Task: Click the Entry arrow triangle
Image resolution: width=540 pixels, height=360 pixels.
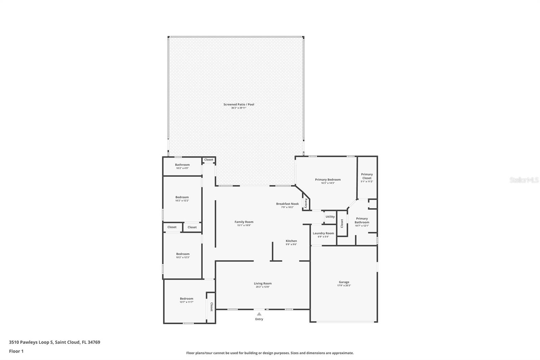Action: coord(259,314)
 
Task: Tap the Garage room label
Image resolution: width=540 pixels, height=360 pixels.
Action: coord(344,282)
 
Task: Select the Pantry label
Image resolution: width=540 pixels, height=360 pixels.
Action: coord(306,203)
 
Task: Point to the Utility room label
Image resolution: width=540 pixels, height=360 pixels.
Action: coord(330,217)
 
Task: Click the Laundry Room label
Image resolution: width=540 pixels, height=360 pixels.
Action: coord(323,233)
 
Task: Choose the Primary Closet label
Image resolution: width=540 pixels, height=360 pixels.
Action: coord(367,176)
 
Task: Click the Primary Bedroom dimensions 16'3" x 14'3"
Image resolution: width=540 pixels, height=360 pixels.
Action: coord(328,183)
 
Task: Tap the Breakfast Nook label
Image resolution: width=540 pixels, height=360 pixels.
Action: coord(287,204)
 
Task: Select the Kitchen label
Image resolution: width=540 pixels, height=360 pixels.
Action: coord(291,241)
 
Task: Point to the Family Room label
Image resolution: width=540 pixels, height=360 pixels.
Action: coord(244,222)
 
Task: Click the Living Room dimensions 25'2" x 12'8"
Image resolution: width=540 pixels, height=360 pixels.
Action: coord(263,287)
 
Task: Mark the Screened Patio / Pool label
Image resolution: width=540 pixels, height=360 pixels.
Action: coord(239,104)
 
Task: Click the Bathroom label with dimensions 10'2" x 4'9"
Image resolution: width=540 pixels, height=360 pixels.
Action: coord(182,165)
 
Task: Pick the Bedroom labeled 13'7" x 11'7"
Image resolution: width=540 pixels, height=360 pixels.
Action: coord(186,299)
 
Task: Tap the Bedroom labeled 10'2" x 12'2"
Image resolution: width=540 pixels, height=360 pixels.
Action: coord(182,197)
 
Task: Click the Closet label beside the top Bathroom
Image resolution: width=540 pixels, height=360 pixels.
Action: coord(209,160)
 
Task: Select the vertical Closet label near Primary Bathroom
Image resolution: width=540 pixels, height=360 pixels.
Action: coord(342,223)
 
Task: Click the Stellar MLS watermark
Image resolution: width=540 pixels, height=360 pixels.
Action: coord(524,180)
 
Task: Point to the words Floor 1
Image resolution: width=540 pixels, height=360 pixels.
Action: coord(16,351)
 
